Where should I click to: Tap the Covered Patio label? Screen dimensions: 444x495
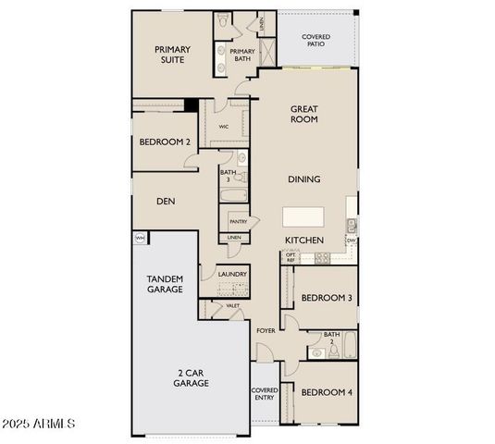click(316, 41)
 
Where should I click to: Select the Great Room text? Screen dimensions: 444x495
click(303, 113)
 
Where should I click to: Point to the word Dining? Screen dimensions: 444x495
click(303, 179)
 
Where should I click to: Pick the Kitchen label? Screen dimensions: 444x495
click(303, 240)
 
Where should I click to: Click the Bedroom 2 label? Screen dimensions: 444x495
click(165, 142)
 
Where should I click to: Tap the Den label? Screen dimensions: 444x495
click(166, 201)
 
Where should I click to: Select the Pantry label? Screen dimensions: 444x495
click(238, 222)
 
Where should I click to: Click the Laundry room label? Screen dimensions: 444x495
click(232, 274)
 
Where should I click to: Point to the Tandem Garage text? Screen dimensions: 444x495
click(165, 284)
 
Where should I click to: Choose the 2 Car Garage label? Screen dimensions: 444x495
click(192, 377)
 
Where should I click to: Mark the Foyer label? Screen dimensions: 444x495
click(265, 330)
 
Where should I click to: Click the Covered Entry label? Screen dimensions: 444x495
click(265, 394)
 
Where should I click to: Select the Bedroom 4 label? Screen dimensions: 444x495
click(327, 391)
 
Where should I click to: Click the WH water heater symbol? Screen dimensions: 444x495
click(141, 238)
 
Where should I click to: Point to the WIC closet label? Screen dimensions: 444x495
click(224, 127)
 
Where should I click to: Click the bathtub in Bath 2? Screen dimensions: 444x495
click(349, 347)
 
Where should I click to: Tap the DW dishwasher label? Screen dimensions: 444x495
click(352, 241)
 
